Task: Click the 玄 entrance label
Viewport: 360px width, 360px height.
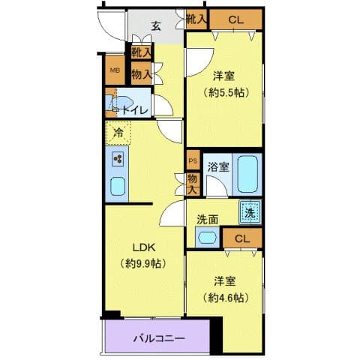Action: (156, 27)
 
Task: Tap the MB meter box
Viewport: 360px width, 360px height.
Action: (114, 71)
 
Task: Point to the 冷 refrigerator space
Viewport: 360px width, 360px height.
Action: (118, 133)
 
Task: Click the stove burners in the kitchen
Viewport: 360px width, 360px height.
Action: (118, 158)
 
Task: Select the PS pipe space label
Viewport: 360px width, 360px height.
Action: (192, 161)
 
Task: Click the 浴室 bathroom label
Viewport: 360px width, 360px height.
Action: (218, 166)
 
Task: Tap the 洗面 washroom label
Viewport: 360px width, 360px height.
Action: (208, 220)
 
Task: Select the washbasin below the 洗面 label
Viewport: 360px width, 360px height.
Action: (206, 238)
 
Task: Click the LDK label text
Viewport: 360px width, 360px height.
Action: (145, 247)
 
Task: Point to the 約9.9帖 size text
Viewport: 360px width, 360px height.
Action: (145, 263)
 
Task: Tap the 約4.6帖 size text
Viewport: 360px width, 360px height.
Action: (225, 297)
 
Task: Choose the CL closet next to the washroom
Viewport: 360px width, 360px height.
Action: (242, 238)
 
